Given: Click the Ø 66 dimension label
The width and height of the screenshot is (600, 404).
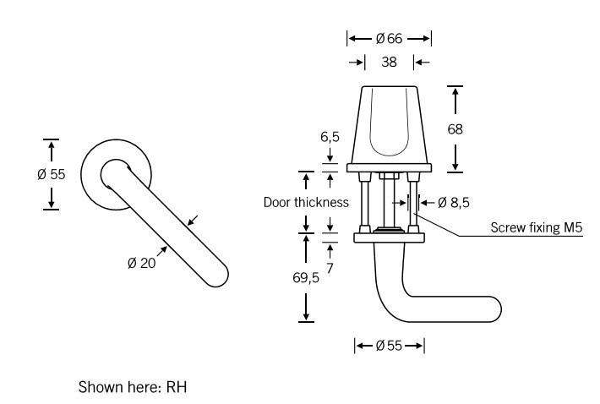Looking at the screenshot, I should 389,38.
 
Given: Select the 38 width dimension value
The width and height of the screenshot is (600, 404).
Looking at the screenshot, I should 389,62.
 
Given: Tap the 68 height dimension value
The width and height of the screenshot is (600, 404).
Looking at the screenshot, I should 455,129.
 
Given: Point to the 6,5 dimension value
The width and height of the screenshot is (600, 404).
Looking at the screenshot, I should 330,137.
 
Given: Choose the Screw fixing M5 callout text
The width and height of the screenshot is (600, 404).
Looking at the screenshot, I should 537,227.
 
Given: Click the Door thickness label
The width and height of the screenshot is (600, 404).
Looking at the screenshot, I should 306,202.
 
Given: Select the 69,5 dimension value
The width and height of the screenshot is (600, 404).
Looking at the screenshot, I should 306,278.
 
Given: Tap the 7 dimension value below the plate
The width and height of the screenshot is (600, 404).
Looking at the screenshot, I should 330,267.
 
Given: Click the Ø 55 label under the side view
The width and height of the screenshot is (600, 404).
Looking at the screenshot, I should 389,345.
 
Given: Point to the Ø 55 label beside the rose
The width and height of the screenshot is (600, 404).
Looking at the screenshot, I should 52,174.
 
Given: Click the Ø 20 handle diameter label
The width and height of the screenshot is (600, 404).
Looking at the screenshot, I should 142,263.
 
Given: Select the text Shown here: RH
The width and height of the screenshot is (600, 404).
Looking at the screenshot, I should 132,388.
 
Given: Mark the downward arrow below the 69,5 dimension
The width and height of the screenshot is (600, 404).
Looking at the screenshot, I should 306,314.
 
